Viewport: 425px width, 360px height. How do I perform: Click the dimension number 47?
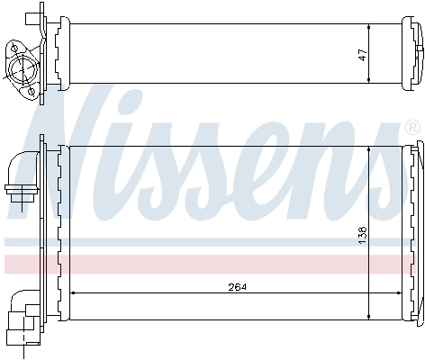coord(361,53)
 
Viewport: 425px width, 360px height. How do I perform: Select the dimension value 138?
coord(363,231)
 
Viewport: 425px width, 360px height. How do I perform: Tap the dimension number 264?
coord(237,287)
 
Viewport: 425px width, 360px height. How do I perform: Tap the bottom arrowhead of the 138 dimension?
coord(369,315)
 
